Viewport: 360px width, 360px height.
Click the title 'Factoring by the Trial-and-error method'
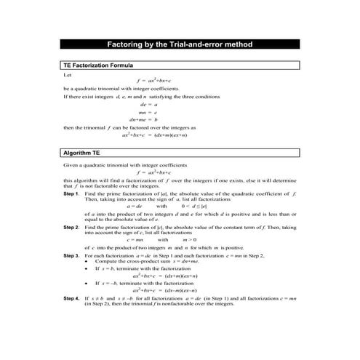[180, 45]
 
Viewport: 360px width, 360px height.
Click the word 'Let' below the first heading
[68, 74]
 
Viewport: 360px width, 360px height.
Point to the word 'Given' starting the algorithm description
[71, 166]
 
